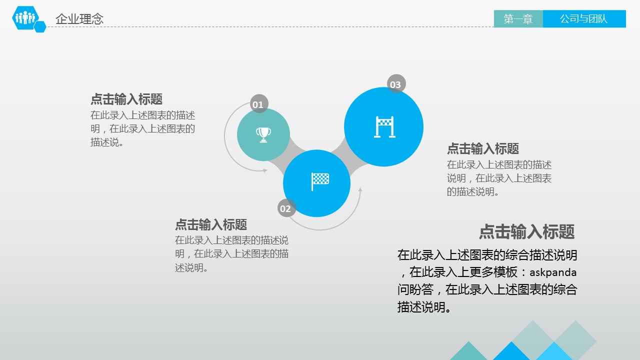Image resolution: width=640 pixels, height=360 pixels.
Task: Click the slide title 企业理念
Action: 79,19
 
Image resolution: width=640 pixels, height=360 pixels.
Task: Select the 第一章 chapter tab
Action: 518,19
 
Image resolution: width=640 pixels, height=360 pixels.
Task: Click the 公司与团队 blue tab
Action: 584,19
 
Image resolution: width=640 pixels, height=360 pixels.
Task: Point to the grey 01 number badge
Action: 259,103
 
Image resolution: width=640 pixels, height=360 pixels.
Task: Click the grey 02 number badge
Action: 286,208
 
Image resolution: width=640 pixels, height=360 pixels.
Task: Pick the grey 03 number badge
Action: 396,83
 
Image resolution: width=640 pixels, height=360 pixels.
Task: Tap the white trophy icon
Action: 263,135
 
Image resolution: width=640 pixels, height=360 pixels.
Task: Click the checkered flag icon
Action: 320,181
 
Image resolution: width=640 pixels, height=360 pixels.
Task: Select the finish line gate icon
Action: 384,127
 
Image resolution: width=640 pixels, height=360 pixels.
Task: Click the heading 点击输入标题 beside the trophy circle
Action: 126,99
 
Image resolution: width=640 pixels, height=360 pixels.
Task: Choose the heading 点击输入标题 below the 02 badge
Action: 211,224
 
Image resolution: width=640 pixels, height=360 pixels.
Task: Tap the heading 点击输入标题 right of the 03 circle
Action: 483,148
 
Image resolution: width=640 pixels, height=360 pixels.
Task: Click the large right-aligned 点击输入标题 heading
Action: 526,231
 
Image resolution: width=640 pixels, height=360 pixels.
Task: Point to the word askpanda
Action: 553,272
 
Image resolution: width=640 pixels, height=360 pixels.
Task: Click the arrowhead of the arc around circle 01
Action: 265,170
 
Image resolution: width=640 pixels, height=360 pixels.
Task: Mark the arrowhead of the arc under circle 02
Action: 360,189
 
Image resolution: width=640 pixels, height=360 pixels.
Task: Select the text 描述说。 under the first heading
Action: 107,142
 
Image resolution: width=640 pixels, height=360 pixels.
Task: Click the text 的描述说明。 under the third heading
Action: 473,191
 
